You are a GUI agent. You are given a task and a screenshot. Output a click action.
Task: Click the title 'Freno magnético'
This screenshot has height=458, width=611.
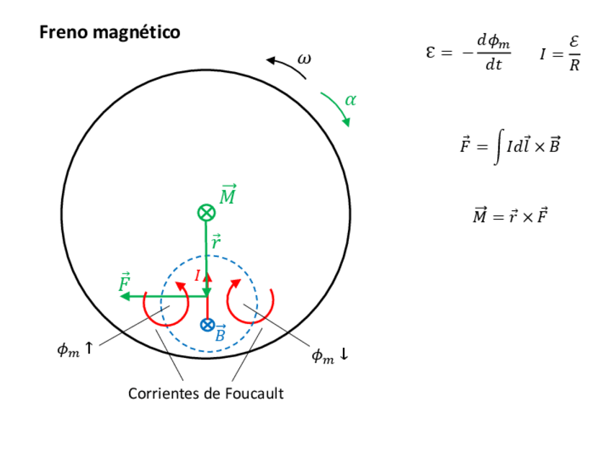110,33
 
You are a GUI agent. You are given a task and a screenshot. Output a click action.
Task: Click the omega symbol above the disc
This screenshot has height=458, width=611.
305,58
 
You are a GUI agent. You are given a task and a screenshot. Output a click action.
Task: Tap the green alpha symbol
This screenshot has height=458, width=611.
350,100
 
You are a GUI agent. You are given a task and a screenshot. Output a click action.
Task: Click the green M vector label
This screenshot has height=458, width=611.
228,194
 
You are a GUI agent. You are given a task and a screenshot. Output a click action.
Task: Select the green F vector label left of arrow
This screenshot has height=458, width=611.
124,282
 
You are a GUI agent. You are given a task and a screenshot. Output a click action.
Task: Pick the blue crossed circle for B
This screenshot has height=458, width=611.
207,325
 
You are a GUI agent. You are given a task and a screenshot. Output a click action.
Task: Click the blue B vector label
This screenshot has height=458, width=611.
220,333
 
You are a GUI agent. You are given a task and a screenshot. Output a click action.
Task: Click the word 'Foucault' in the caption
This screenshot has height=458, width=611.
254,394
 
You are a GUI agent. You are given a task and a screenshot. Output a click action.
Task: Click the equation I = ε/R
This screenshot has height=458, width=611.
560,55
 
